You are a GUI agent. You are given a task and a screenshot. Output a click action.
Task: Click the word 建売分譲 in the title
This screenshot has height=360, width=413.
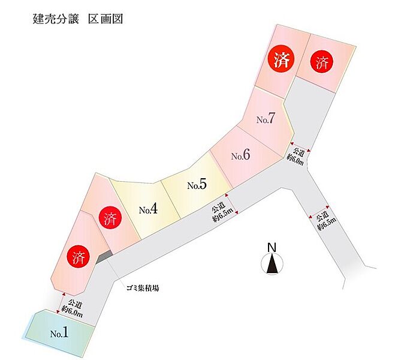(56, 19)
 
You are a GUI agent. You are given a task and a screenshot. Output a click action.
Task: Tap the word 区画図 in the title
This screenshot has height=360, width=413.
(105, 19)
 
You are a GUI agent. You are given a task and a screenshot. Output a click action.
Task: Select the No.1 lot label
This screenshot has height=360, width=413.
(59, 333)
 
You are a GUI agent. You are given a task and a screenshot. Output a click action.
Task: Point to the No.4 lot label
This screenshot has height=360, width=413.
(148, 209)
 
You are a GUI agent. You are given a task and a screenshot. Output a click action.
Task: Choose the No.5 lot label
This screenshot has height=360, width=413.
(197, 184)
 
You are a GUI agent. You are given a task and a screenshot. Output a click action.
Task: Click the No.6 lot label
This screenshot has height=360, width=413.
(241, 155)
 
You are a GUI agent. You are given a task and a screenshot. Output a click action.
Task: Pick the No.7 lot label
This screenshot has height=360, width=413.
(266, 118)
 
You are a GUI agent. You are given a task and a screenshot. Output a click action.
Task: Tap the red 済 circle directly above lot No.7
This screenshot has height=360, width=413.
(281, 60)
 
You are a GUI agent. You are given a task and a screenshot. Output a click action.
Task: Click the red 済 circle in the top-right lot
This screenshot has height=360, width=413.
(322, 62)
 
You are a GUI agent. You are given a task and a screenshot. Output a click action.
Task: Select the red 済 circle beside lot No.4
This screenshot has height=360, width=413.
(110, 218)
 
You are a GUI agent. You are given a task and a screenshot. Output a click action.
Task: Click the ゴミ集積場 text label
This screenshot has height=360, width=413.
(143, 288)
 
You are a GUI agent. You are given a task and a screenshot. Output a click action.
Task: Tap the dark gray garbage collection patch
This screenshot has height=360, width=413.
(104, 257)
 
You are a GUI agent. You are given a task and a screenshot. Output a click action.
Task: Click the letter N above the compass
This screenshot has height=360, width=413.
(272, 248)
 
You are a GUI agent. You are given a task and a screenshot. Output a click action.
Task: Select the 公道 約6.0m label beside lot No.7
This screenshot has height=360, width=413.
(296, 157)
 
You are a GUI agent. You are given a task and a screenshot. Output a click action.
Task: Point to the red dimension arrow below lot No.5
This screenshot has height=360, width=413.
(233, 204)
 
